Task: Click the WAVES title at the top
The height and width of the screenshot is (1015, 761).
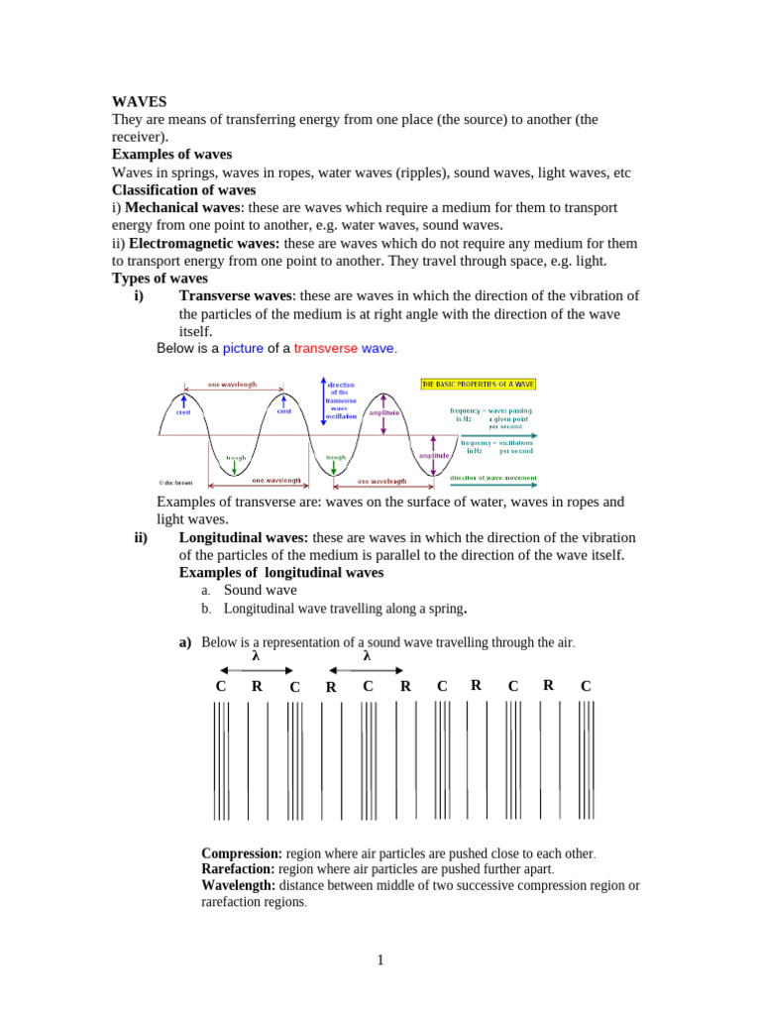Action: pos(140,101)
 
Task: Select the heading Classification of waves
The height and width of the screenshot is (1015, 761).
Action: pos(183,189)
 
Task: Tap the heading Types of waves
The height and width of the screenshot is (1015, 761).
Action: pos(160,279)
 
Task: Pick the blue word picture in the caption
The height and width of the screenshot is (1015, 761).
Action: pos(243,348)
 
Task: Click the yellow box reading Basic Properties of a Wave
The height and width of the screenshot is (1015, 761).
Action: pos(479,384)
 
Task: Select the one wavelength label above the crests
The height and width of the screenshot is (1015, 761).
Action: pos(231,384)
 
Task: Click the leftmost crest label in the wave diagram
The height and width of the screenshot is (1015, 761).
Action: pos(183,412)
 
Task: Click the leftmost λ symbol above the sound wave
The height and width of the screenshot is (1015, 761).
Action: pos(256,656)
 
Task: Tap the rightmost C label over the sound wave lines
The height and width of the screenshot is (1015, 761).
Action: pos(586,686)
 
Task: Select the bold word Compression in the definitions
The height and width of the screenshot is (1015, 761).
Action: pos(242,853)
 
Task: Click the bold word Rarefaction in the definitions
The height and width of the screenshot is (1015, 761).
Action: pos(238,869)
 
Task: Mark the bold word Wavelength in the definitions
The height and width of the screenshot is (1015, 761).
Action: pos(238,885)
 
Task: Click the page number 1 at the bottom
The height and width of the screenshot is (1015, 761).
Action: pos(380,959)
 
